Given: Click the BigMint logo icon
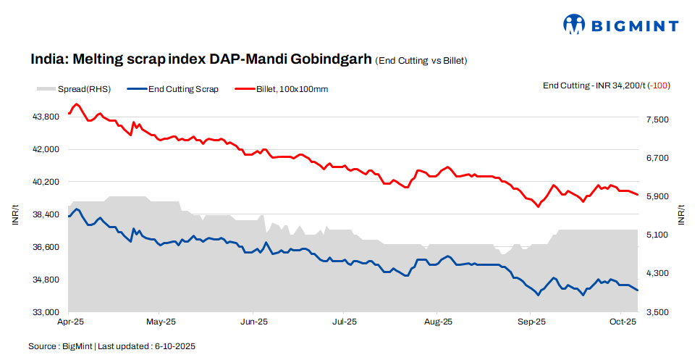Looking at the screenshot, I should click(x=574, y=25).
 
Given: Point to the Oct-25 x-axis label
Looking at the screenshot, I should click(x=623, y=321).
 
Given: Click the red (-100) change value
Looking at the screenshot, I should click(x=659, y=85).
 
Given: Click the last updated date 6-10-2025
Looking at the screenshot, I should click(x=175, y=346).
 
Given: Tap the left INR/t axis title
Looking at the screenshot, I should click(x=15, y=215).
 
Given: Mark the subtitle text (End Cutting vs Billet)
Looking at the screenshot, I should click(x=421, y=61).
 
